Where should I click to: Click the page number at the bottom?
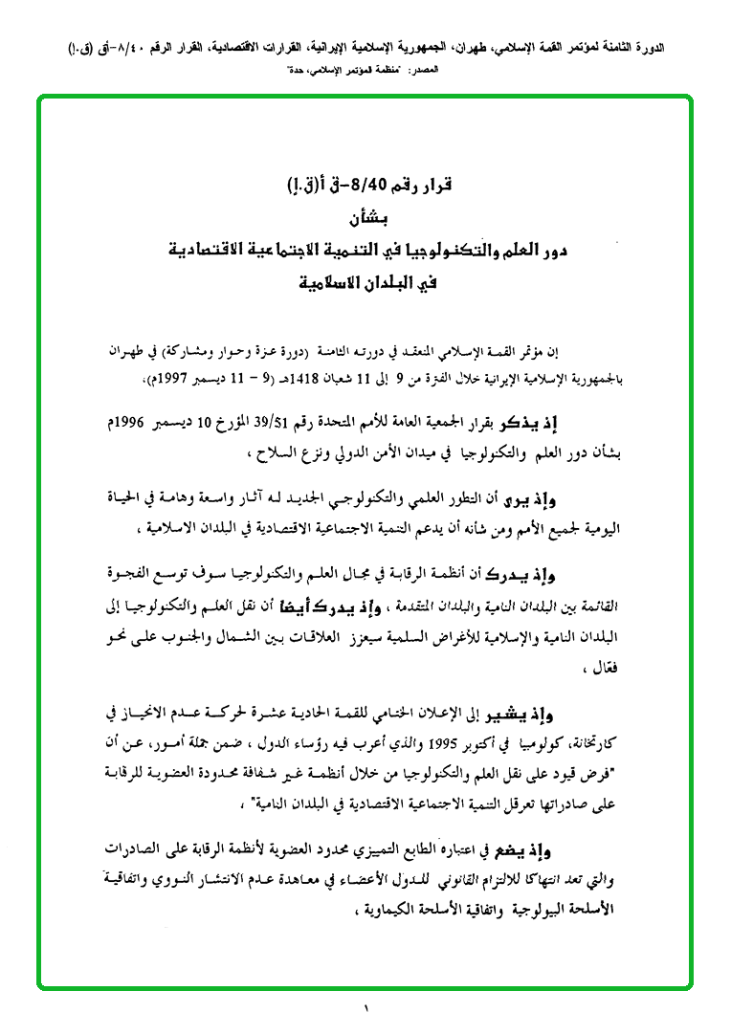[x=365, y=1007]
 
